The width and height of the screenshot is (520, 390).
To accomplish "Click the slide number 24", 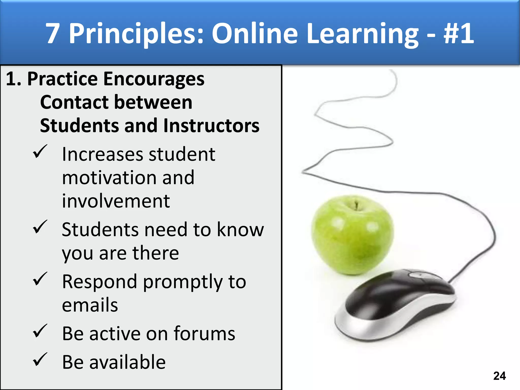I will tap(499, 376).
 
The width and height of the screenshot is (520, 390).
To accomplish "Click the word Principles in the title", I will tap(136, 34).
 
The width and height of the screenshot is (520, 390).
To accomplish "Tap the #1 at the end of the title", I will tap(459, 34).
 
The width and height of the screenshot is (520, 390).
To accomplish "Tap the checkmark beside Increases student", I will tap(40, 152).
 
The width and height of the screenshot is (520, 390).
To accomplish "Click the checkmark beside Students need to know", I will tap(40, 227).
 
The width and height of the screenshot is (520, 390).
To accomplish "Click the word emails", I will tap(90, 305).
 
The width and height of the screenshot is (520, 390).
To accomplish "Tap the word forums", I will tap(204, 333).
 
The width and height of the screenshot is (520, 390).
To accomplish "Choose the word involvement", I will tap(116, 201).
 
